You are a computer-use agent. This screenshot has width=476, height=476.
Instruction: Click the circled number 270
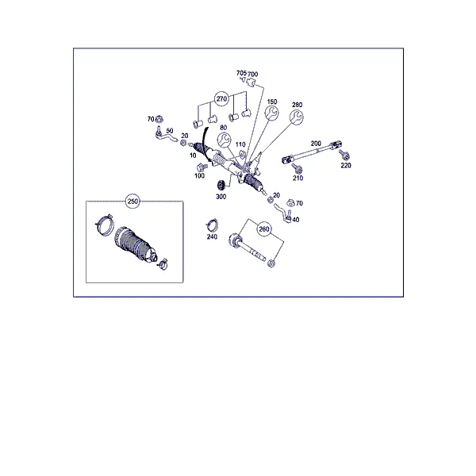click(221, 99)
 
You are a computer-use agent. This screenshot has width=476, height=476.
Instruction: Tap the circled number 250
click(132, 202)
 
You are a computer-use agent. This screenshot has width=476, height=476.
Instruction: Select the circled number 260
click(264, 229)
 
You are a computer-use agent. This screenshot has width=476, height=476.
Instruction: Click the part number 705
click(241, 73)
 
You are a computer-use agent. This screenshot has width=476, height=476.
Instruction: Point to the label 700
click(253, 74)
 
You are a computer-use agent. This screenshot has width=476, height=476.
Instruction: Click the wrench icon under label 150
click(271, 113)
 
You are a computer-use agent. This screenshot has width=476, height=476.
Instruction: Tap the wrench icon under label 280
click(297, 117)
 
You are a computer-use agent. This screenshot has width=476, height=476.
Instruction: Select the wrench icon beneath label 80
click(224, 140)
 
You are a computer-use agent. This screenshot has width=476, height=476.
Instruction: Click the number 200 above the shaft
click(316, 144)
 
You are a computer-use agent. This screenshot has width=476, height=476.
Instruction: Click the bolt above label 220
click(344, 155)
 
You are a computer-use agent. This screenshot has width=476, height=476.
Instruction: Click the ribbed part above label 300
click(221, 186)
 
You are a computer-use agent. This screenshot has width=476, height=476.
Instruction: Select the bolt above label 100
click(202, 167)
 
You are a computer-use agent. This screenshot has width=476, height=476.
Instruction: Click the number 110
click(240, 144)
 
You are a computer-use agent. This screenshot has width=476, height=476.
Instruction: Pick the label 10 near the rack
click(193, 155)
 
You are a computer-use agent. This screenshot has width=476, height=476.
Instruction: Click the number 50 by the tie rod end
click(170, 131)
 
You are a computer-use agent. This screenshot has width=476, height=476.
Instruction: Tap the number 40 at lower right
click(296, 220)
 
